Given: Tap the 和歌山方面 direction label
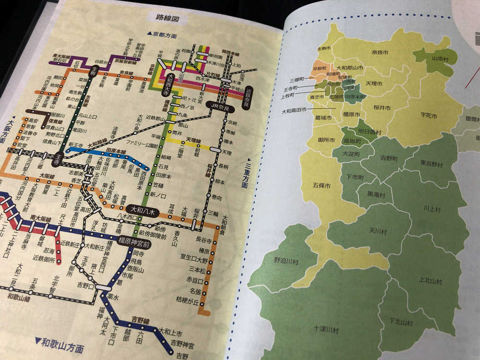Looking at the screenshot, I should click(60, 344).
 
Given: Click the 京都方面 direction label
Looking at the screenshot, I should click(162, 36).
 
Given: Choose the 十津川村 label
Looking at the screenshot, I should click(326, 330).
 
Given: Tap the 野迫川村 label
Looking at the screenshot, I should click(286, 262).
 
